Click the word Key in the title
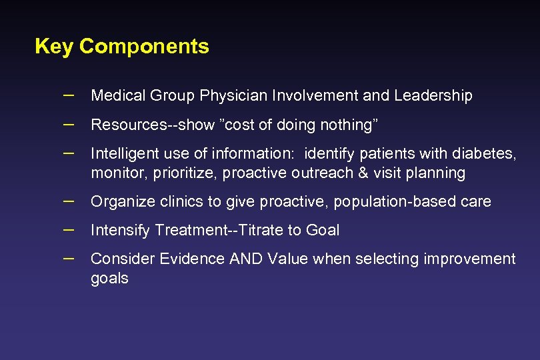click(53, 47)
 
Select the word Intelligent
click(123, 154)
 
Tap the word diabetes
click(485, 154)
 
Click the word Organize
click(119, 202)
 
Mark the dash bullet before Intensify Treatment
click(68, 229)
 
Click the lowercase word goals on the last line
click(109, 279)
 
